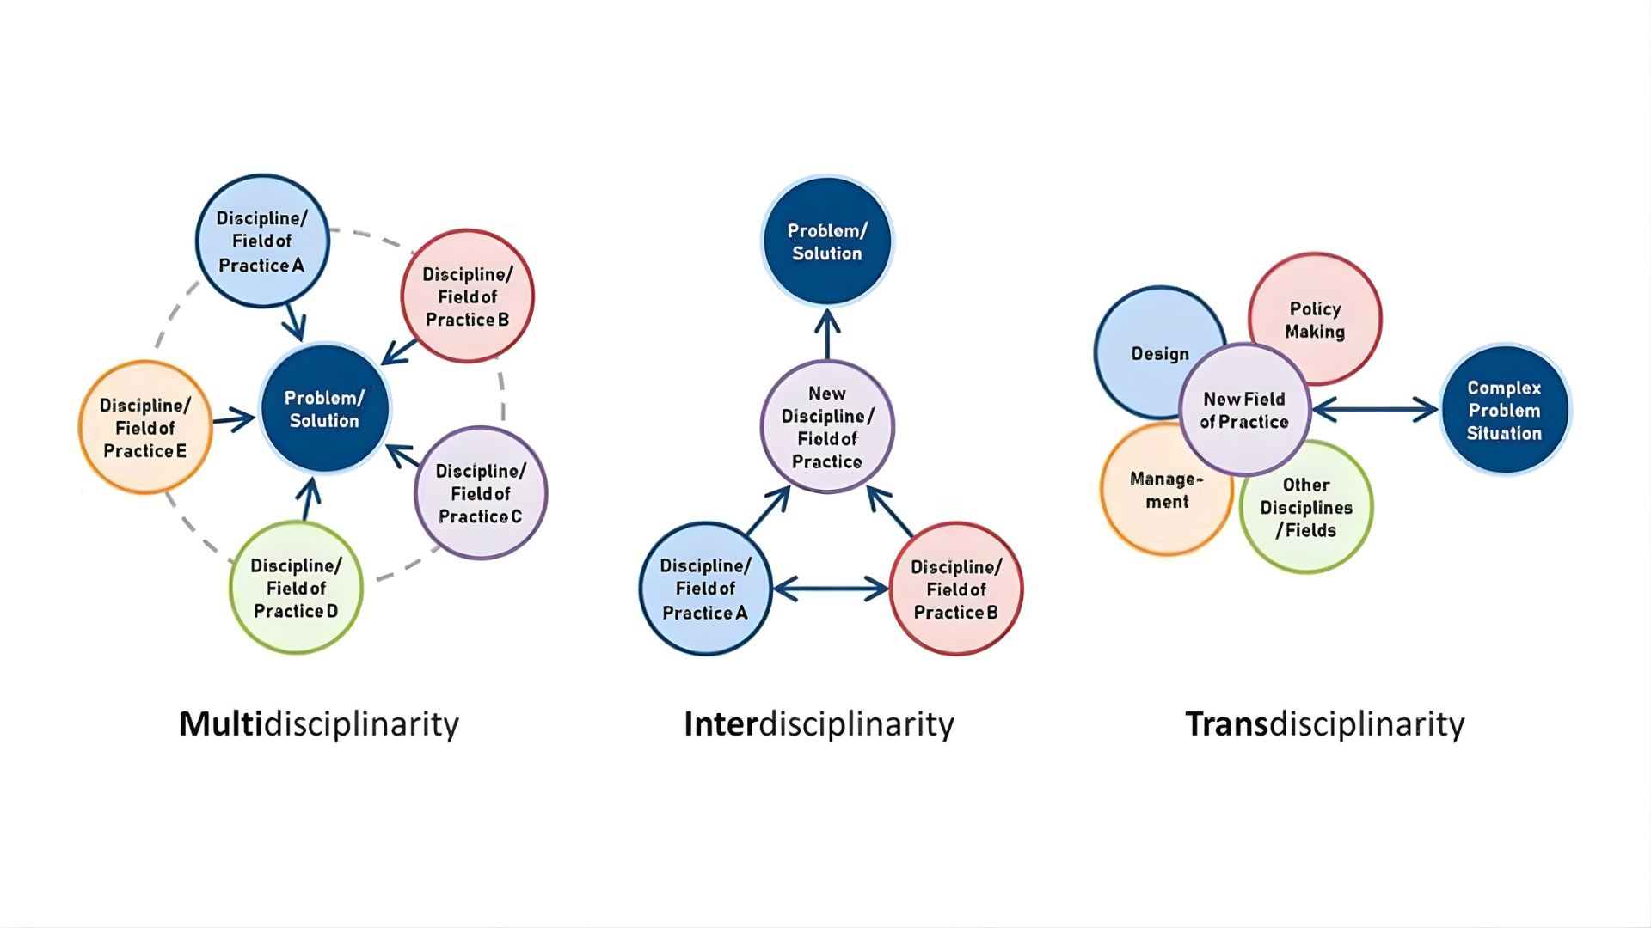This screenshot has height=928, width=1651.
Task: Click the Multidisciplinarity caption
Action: pyautogui.click(x=318, y=723)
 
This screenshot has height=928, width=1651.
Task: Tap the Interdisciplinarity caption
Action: pyautogui.click(x=819, y=723)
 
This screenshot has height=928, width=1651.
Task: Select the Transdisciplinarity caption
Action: pyautogui.click(x=1324, y=723)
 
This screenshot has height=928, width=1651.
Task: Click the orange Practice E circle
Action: pyautogui.click(x=144, y=427)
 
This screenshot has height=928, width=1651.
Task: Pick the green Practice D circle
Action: pyautogui.click(x=296, y=588)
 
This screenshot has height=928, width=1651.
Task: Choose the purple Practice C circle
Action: pyautogui.click(x=481, y=493)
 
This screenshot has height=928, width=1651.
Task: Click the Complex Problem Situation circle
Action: pyautogui.click(x=1504, y=410)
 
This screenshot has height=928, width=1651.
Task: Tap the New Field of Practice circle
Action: pyautogui.click(x=1244, y=410)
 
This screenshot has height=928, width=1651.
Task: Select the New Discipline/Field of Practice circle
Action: pyautogui.click(x=827, y=427)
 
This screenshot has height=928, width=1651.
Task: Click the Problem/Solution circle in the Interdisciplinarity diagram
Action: pyautogui.click(x=827, y=241)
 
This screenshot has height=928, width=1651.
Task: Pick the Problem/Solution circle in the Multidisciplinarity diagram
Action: pyautogui.click(x=324, y=409)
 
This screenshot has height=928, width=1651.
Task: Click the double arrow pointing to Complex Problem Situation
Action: pyautogui.click(x=1375, y=410)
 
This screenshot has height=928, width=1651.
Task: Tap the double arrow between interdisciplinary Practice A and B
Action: pyautogui.click(x=831, y=589)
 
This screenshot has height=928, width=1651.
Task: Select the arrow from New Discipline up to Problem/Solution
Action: pyautogui.click(x=827, y=334)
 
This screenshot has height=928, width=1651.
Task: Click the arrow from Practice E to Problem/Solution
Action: pyautogui.click(x=234, y=419)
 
